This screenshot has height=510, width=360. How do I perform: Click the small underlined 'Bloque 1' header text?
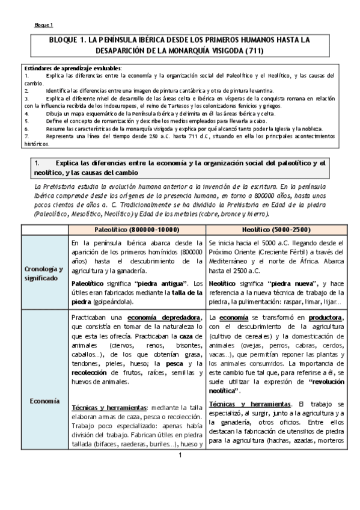click(x=43, y=25)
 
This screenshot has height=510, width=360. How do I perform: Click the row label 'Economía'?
click(x=43, y=399)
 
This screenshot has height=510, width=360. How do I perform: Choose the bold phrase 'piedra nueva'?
click(x=276, y=282)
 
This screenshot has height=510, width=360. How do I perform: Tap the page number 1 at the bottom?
click(x=179, y=488)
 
